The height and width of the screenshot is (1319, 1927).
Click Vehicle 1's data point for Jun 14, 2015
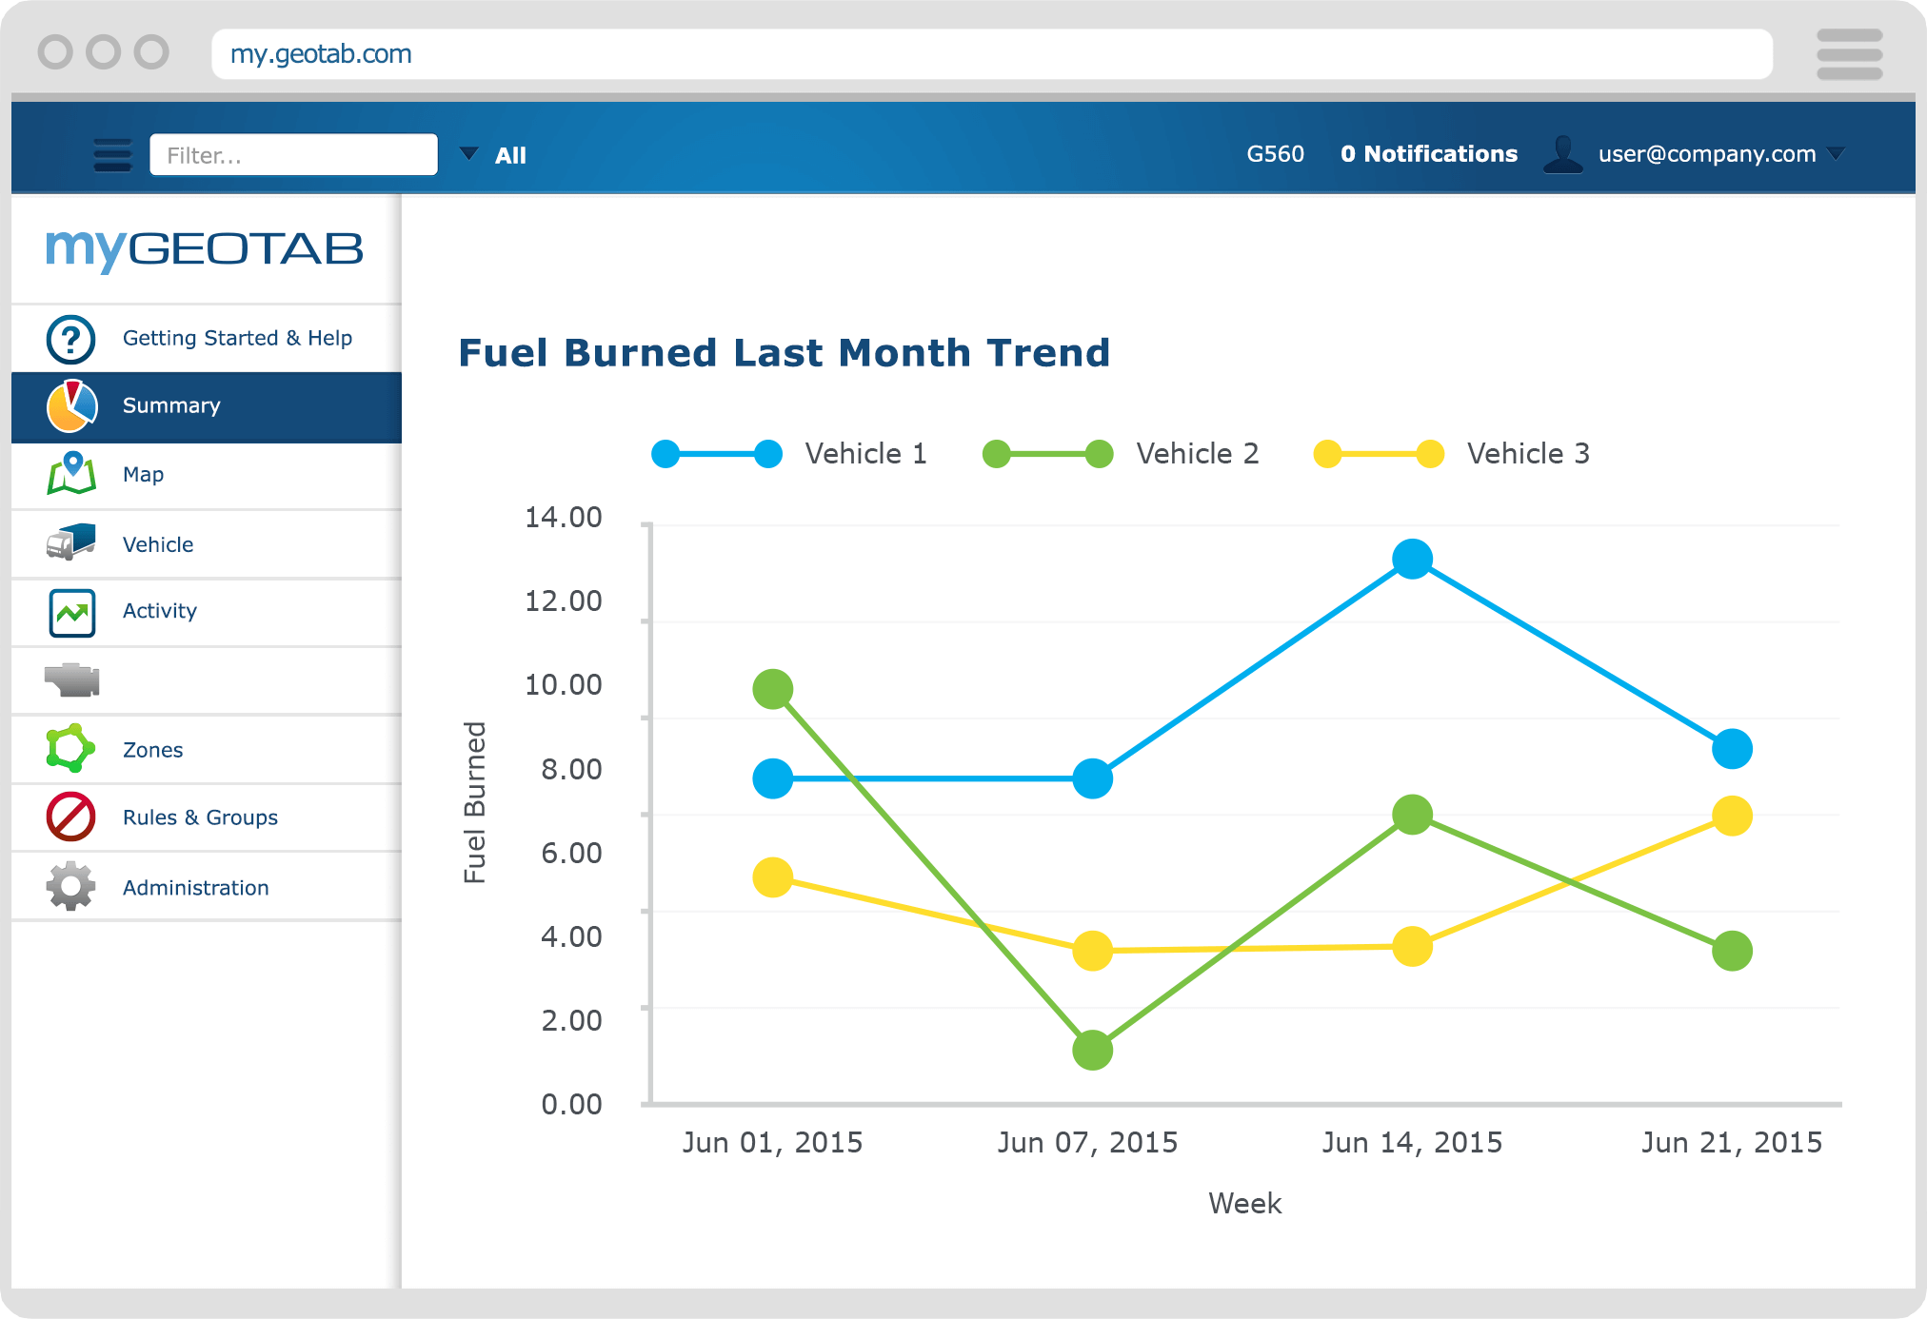1412,559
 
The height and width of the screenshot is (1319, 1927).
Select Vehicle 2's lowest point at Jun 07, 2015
1092,1050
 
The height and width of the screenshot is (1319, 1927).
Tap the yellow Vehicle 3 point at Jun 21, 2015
1732,816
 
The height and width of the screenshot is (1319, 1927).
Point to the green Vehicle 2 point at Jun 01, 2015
772,689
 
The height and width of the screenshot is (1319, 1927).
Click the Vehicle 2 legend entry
1197,454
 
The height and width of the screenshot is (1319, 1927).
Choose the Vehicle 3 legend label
1527,454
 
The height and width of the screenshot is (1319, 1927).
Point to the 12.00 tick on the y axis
564,600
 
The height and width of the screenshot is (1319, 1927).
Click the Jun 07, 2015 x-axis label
1087,1142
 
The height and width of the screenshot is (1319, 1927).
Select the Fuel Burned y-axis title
475,802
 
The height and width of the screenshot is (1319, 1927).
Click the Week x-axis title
1244,1204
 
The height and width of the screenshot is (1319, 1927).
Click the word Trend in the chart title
1048,353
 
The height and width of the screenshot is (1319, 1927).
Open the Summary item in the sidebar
171,405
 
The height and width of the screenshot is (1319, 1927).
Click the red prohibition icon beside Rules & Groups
70,817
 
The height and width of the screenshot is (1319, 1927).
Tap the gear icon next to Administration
70,887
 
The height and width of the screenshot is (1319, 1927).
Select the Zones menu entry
152,750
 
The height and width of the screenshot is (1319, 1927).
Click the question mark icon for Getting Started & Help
70,339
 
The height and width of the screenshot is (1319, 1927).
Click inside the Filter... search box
293,155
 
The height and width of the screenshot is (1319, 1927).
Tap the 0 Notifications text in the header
1428,154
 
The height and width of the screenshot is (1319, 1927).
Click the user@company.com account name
1706,154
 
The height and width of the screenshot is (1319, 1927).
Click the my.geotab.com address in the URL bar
321,54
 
